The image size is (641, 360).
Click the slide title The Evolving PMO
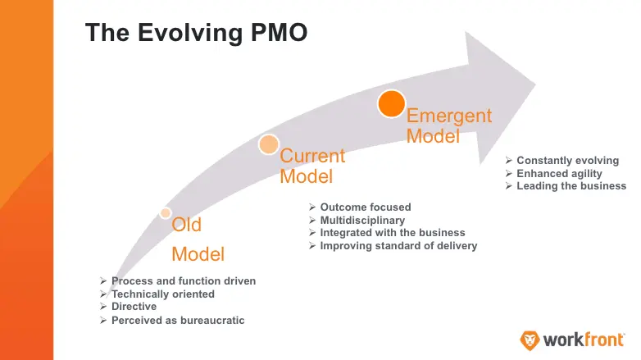pos(197,33)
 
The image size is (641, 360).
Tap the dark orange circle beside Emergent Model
pos(391,103)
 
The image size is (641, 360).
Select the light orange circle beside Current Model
pos(269,145)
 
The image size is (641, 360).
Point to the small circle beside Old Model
pos(166,213)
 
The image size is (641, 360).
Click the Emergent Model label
pos(449,125)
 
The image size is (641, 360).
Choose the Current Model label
pos(312,166)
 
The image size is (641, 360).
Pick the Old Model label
pos(198,239)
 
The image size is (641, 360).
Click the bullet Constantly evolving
pos(567,161)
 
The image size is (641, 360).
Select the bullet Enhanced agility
pos(559,173)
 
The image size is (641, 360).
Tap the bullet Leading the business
pos(571,186)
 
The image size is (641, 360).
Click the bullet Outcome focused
pos(365,207)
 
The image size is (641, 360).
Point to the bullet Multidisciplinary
pos(362,220)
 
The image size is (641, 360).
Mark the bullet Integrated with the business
pos(392,233)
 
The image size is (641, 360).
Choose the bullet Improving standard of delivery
pos(398,246)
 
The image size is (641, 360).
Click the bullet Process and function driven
pos(183,281)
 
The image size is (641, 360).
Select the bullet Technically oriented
pos(162,294)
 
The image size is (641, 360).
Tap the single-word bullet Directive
pos(134,307)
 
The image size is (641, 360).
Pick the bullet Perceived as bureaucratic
pos(177,320)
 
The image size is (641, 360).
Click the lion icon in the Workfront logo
pos(530,339)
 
